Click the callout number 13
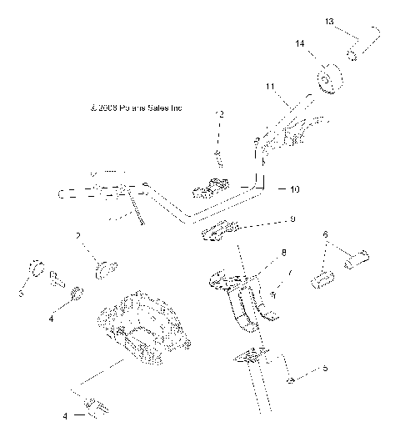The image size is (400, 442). point(329,19)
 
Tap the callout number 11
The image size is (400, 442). point(269,86)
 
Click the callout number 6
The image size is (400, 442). point(326,235)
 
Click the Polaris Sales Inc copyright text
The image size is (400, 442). point(135,108)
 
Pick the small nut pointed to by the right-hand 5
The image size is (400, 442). point(287,381)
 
